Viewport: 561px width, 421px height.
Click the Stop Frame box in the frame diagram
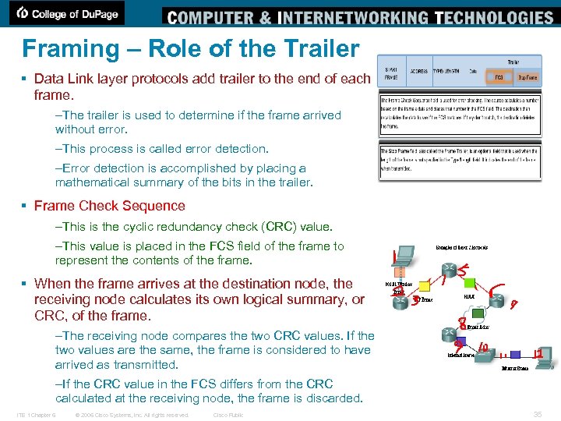[x=526, y=77]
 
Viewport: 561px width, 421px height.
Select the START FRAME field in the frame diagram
[x=392, y=73]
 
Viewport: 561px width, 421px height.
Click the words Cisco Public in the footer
[x=228, y=415]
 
